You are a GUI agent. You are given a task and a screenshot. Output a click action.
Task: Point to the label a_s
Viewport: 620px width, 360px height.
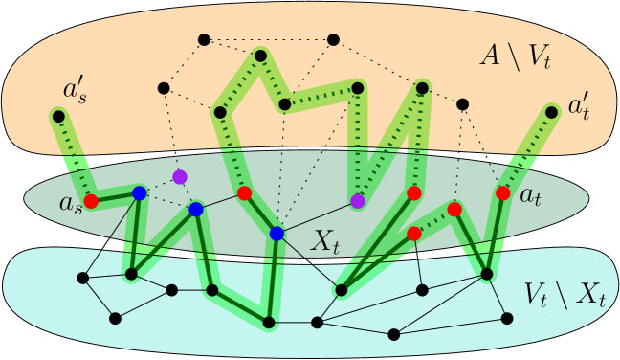tap(70, 203)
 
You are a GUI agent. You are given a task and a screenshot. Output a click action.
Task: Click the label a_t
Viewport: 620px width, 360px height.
tap(531, 195)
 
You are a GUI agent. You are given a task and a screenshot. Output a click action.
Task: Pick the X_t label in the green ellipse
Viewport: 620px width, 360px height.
tap(324, 242)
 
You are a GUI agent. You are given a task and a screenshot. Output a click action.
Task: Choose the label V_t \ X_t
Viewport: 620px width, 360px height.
tap(565, 293)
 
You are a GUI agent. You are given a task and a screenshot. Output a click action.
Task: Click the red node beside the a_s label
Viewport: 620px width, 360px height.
tap(92, 201)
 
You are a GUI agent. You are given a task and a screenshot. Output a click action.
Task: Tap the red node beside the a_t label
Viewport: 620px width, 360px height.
tap(503, 193)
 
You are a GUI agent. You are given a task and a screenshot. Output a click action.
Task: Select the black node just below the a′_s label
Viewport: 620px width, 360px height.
tap(59, 117)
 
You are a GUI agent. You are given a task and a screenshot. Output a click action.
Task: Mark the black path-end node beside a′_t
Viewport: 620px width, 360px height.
tap(552, 112)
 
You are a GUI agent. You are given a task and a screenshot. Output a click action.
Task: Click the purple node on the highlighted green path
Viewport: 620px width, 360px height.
tap(358, 201)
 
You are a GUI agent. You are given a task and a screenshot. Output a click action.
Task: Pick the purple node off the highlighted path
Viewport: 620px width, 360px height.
tap(179, 177)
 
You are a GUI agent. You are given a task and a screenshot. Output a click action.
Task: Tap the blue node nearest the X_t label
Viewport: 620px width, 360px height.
tap(277, 234)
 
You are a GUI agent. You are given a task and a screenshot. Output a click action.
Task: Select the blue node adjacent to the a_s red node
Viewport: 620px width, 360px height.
tap(140, 193)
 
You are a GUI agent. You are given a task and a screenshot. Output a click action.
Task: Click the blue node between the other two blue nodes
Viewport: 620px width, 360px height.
tap(196, 209)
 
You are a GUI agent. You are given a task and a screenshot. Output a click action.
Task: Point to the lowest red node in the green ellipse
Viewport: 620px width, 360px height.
tap(414, 234)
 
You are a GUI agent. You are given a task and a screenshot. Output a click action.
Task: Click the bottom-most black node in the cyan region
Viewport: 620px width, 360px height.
tap(393, 334)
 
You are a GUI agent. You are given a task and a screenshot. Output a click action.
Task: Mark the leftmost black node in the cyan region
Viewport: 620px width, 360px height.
tap(82, 278)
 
